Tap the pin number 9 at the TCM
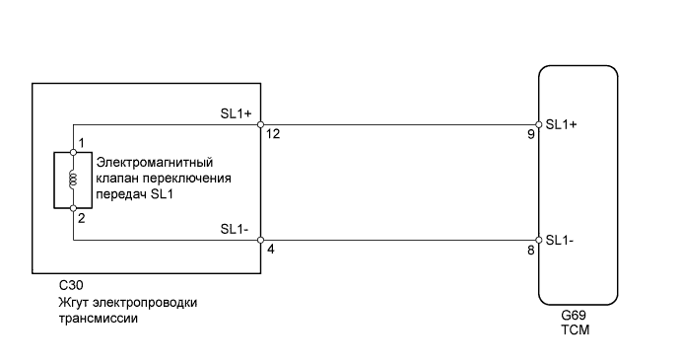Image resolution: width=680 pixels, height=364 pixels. (x=531, y=135)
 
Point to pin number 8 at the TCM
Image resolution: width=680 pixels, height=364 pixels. (x=531, y=252)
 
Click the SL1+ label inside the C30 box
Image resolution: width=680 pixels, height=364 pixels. (x=237, y=114)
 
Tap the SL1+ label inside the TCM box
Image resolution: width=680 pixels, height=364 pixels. (x=561, y=125)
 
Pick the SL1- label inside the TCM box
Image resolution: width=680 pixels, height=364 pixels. (x=561, y=240)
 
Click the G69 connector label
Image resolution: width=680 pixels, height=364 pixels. (x=573, y=316)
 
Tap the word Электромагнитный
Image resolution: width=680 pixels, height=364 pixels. (x=154, y=161)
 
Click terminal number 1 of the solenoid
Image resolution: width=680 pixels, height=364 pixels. (x=83, y=144)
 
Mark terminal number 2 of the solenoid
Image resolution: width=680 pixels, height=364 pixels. (x=83, y=217)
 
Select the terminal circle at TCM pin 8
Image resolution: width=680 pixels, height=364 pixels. (x=539, y=240)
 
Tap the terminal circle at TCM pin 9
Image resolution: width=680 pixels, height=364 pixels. (x=539, y=125)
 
